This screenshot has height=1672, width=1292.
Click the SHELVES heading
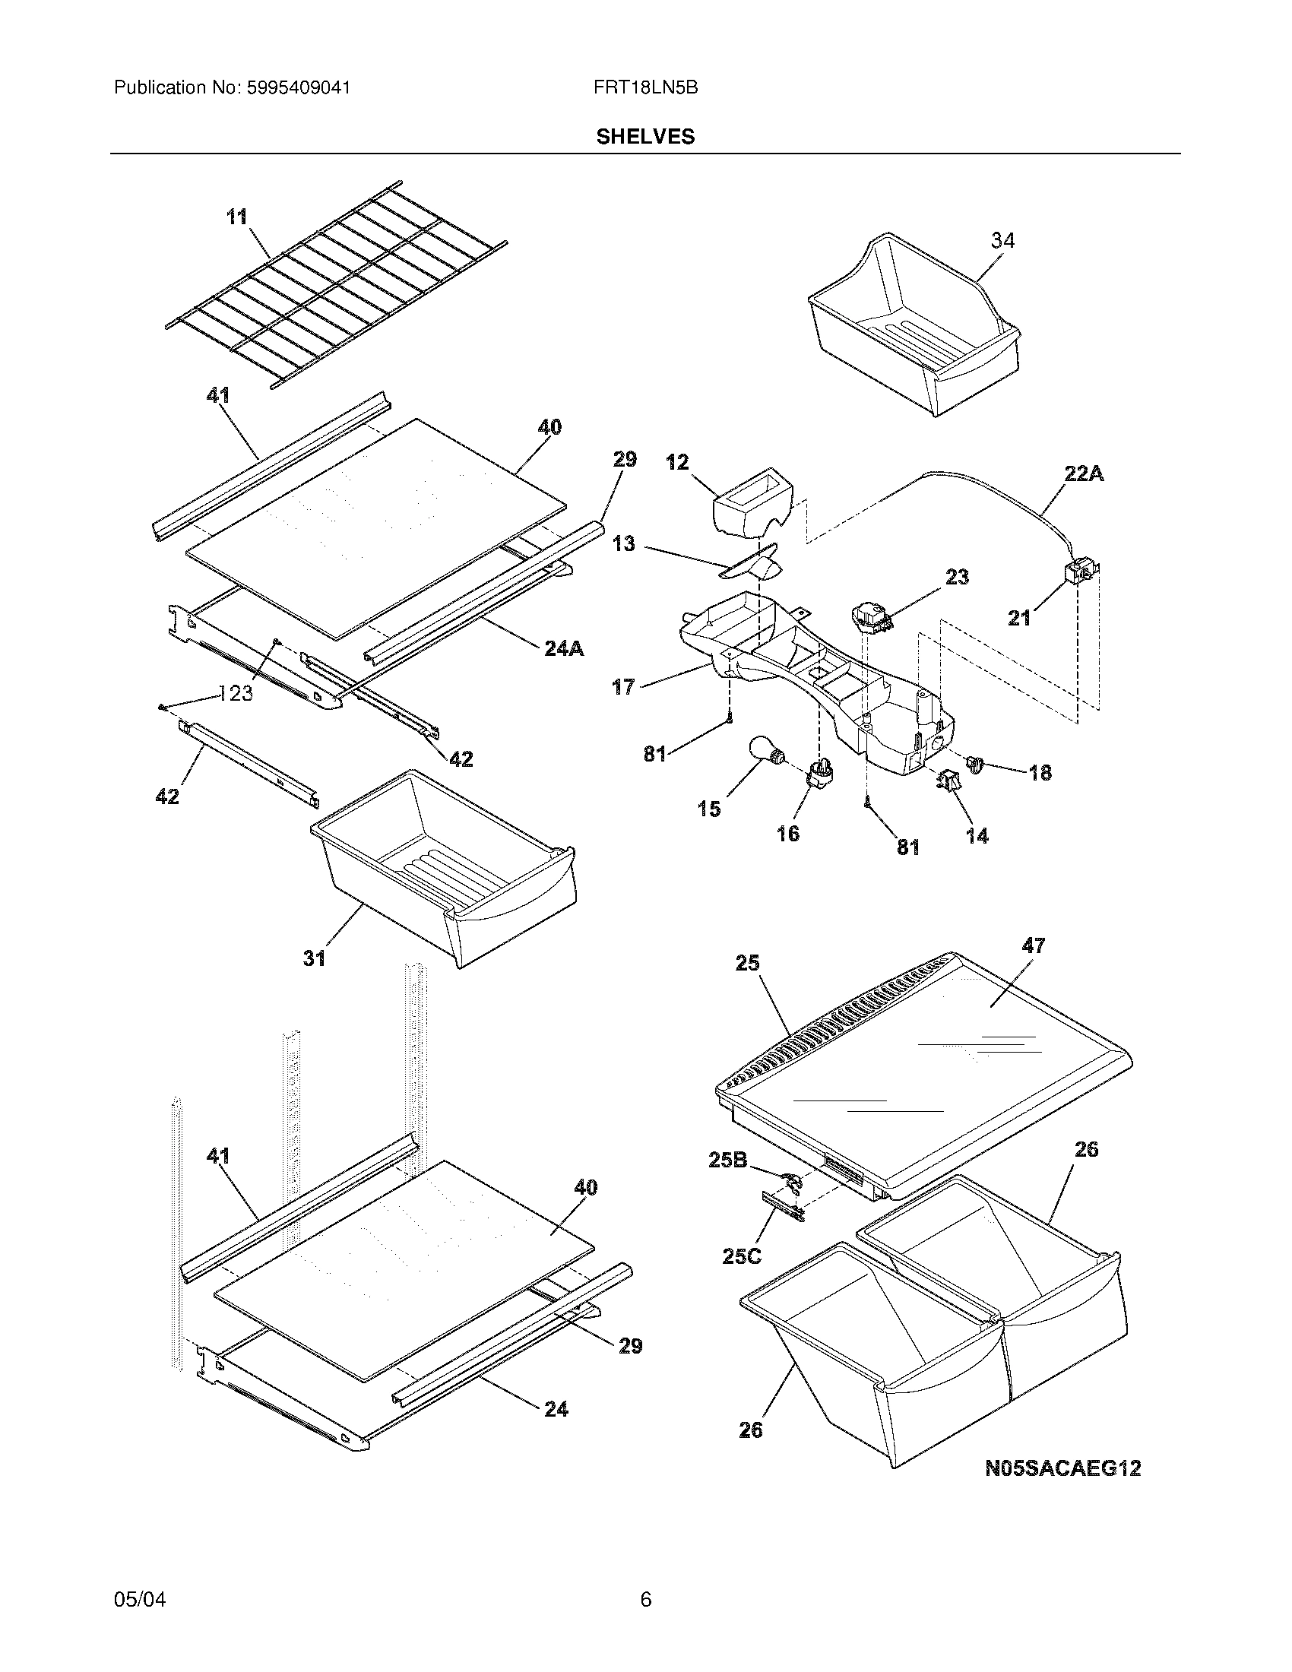coord(645,136)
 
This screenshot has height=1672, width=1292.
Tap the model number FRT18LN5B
coord(645,87)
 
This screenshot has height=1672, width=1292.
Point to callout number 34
coord(1002,240)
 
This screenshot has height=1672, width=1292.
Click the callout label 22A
coord(1084,474)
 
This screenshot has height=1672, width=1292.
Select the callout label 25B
coord(727,1160)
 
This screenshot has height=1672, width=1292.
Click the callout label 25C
coord(742,1256)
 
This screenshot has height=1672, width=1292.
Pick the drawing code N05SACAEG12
coord(1062,1468)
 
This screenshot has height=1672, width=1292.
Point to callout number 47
coord(1034,945)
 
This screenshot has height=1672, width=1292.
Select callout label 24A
coord(564,649)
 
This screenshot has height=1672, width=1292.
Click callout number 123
coord(236,694)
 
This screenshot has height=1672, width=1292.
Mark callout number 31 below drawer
coord(314,958)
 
